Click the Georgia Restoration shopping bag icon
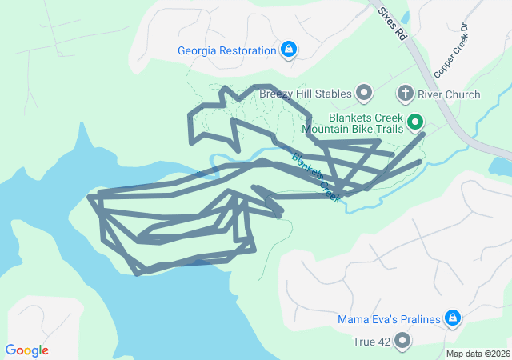[288, 50]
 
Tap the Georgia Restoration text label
[226, 50]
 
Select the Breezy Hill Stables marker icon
[364, 94]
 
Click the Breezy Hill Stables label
[306, 94]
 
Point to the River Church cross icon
[406, 94]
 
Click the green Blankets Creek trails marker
[415, 122]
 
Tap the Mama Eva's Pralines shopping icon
[453, 318]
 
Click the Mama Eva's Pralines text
[389, 319]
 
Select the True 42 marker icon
[402, 342]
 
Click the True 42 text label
[371, 342]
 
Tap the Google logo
[27, 350]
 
